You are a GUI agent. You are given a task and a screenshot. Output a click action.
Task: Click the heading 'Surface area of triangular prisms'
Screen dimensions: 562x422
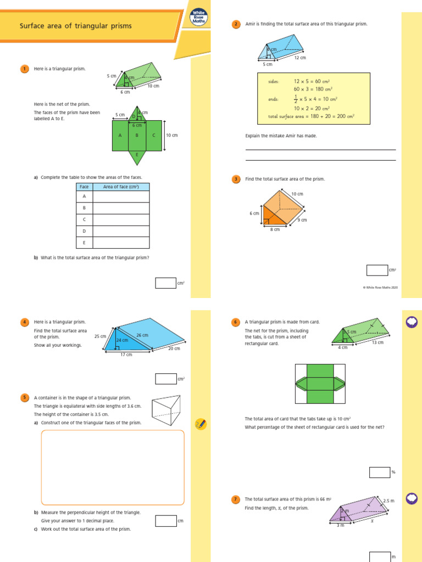tap(76, 26)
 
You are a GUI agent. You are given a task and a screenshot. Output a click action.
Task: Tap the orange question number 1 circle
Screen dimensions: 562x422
tap(24, 69)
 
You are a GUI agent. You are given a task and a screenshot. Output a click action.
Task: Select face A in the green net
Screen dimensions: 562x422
tap(120, 136)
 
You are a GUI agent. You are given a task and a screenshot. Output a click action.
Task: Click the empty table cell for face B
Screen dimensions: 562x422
tap(121, 208)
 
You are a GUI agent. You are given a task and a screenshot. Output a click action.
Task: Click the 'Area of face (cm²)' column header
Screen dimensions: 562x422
tap(121, 187)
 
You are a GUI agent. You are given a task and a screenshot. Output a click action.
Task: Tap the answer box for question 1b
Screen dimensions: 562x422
tap(165, 283)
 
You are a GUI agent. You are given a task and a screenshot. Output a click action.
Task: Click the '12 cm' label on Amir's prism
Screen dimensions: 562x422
tap(300, 58)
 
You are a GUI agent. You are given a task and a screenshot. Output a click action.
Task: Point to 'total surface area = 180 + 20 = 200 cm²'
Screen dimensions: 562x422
tap(311, 116)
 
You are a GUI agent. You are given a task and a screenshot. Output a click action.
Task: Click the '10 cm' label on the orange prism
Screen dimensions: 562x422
tap(297, 194)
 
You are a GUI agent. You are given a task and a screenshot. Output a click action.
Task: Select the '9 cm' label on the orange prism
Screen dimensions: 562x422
tap(302, 220)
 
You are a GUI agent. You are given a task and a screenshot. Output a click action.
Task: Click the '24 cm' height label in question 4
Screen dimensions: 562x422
tap(122, 340)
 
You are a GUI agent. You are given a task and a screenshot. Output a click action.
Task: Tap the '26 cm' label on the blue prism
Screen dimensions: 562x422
tap(142, 335)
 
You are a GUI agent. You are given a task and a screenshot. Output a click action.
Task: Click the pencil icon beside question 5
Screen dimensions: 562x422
tap(201, 424)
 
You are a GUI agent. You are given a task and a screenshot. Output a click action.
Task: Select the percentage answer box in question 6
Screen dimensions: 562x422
tap(379, 472)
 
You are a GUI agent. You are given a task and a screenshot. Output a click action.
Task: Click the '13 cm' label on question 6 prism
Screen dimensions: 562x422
tap(377, 342)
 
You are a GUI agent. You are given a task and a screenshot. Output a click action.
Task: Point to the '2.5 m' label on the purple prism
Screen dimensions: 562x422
tap(388, 501)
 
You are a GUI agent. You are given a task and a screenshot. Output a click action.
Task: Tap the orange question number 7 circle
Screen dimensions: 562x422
tap(236, 499)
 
